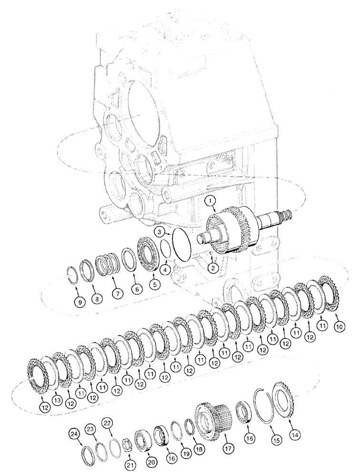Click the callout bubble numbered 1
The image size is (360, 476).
pyautogui.click(x=210, y=202)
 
